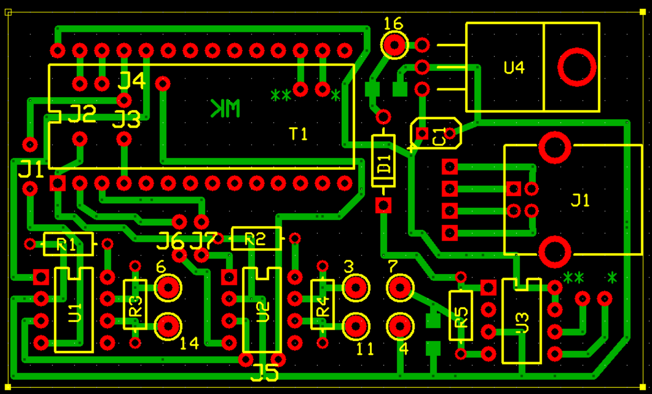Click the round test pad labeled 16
(x=394, y=45)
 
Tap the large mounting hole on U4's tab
(x=577, y=67)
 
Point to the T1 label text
(x=298, y=134)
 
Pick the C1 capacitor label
(x=439, y=136)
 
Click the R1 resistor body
(x=68, y=244)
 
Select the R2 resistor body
(x=256, y=238)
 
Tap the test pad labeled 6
(x=168, y=288)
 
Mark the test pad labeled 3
(x=356, y=288)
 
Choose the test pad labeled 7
(x=400, y=288)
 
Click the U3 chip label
(x=522, y=323)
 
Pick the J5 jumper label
(x=264, y=374)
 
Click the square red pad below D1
(x=383, y=206)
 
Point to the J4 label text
(x=132, y=80)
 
